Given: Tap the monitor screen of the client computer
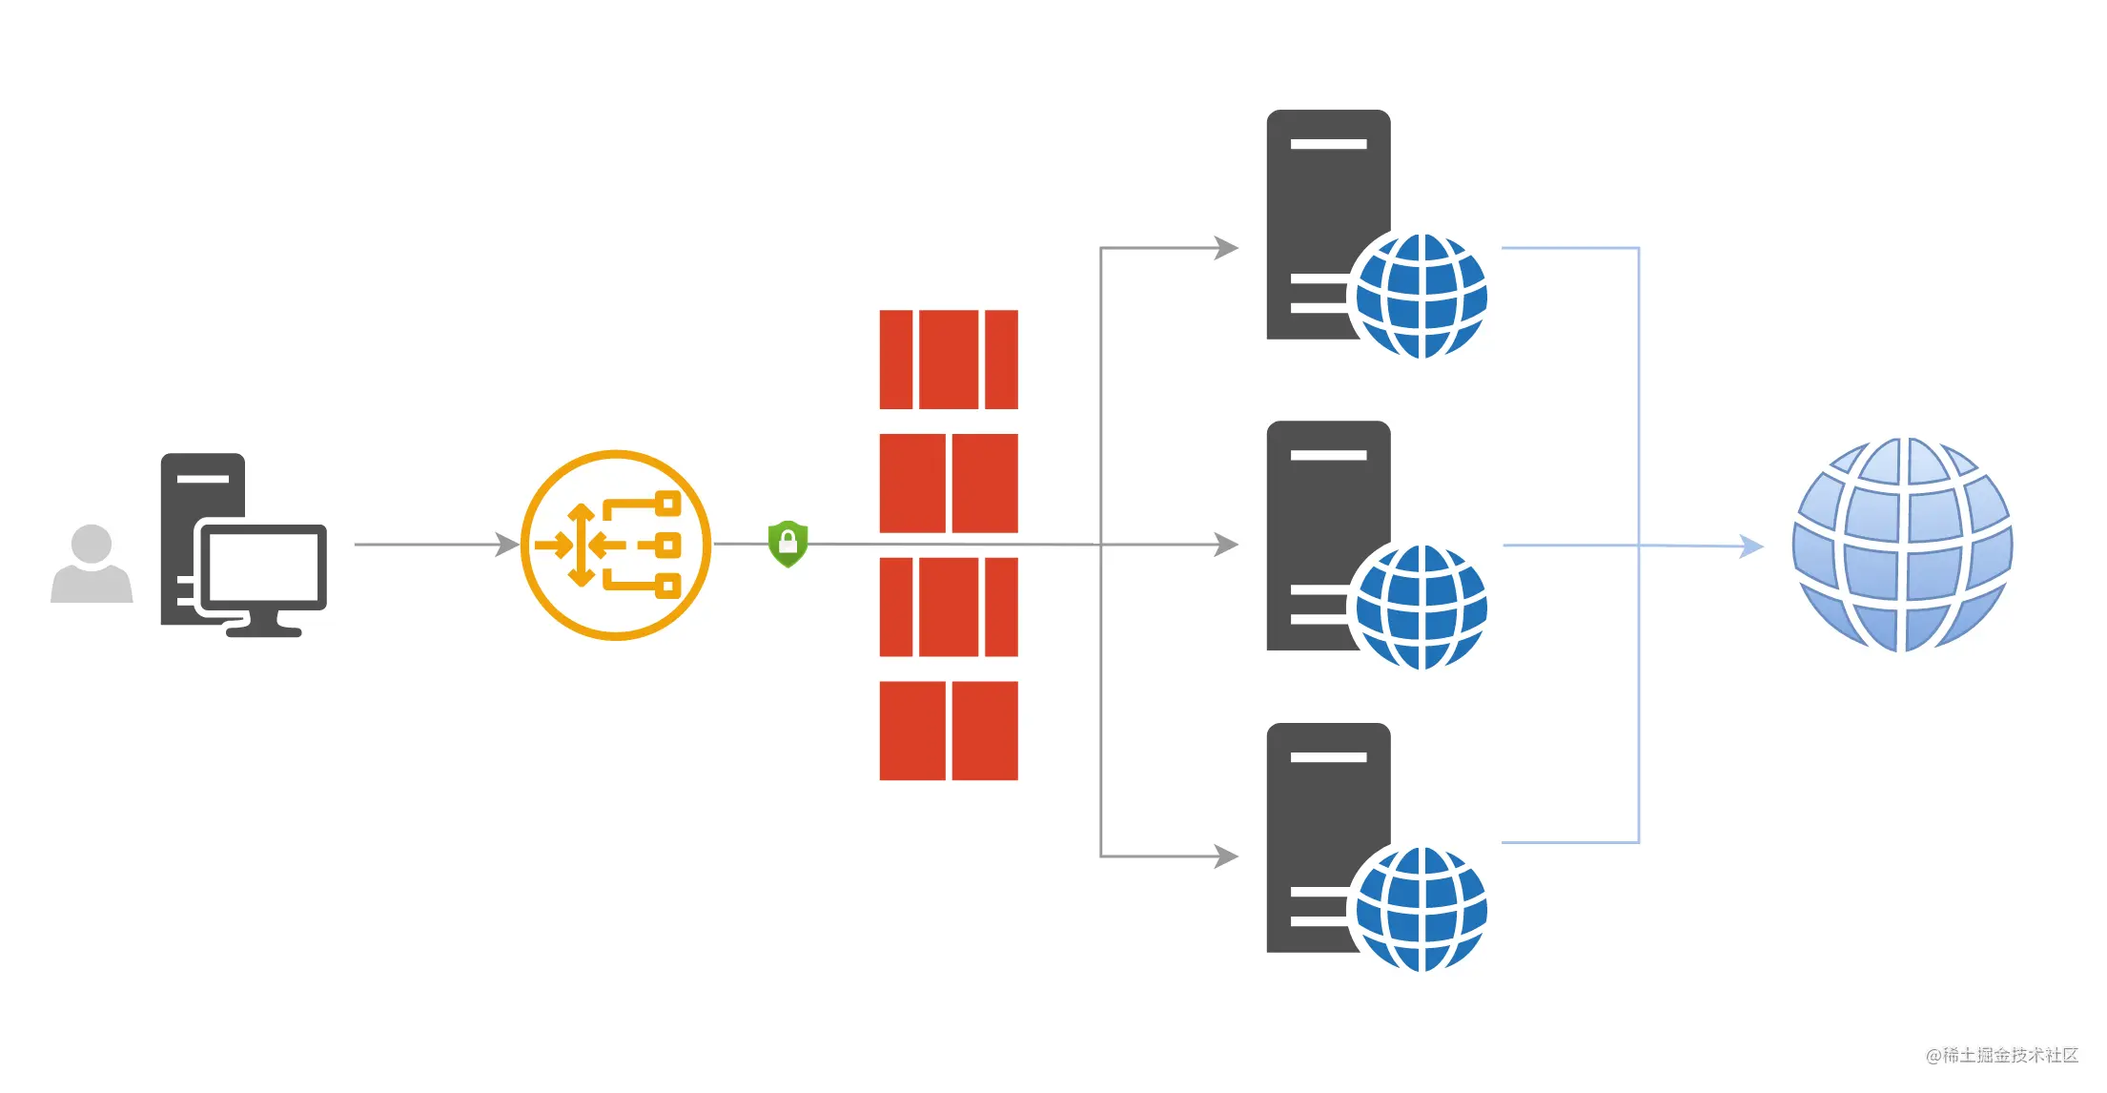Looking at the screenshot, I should tap(263, 567).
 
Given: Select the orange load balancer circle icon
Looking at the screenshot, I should tap(616, 546).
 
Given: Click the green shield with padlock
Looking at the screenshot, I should tap(788, 544).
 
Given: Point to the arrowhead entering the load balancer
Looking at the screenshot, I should tap(508, 545).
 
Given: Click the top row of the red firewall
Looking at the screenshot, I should tap(949, 360).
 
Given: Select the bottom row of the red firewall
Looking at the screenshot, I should tap(949, 731).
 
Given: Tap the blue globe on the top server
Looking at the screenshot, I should tap(1421, 296).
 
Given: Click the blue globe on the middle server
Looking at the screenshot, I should tap(1421, 607).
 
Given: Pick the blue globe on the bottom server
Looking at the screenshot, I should tap(1421, 909).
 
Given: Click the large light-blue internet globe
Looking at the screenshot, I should tap(1903, 546).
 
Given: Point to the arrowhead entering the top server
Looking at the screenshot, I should tap(1227, 248).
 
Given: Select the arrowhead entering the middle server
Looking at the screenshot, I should tap(1227, 545).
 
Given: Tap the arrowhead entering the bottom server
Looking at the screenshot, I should tap(1227, 856).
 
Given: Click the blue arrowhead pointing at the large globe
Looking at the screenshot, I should tap(1752, 546).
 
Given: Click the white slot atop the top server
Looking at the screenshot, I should tap(1328, 144).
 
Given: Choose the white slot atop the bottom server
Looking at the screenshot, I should tap(1328, 757).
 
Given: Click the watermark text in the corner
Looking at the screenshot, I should tap(2001, 1055).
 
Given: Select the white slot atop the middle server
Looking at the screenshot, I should tap(1328, 455).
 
